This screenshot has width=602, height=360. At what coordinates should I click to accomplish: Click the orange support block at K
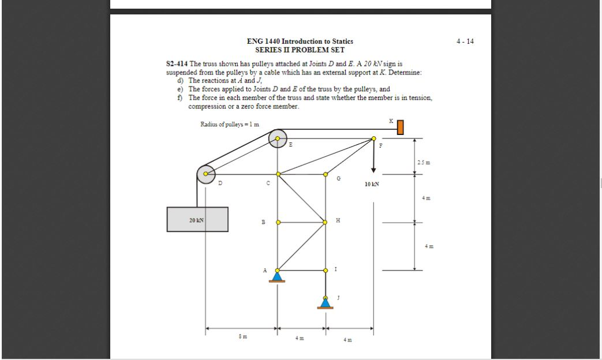400,127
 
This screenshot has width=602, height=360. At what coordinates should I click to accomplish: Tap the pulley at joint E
278,138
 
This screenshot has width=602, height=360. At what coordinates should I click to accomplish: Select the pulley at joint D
205,174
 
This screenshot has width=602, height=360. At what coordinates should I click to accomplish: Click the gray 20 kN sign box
197,219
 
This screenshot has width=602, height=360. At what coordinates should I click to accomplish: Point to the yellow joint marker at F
373,138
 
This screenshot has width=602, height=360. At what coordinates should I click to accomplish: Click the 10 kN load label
372,184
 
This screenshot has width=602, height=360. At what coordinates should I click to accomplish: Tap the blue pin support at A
278,276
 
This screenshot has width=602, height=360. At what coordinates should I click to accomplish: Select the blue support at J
326,303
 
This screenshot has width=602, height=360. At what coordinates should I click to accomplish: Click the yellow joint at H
326,222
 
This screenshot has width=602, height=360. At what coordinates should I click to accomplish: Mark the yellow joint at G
326,173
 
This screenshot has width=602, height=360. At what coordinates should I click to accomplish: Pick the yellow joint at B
278,222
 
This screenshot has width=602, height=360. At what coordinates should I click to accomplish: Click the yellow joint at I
326,269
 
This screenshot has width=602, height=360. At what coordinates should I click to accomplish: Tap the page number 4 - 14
465,42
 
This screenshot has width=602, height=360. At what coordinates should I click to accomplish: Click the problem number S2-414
177,63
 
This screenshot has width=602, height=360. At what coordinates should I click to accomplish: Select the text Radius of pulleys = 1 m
230,124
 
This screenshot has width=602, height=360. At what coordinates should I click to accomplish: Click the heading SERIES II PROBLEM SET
300,50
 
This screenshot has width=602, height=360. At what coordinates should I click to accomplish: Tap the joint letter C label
268,183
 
